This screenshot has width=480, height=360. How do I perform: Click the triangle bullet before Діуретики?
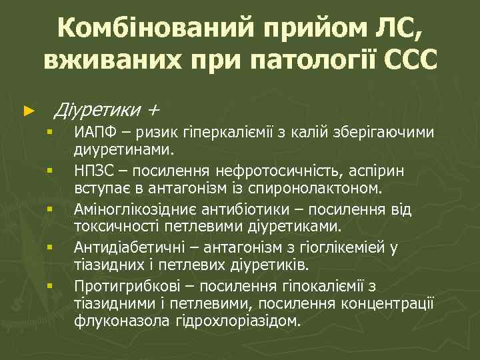tap(27, 109)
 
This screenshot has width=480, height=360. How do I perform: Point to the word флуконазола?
tap(116, 320)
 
